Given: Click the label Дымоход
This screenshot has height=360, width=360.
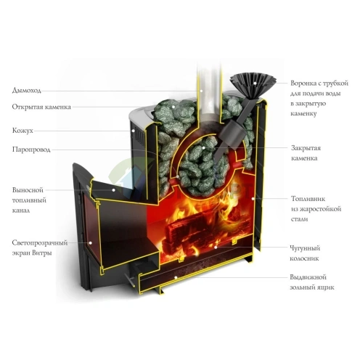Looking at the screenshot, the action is pyautogui.click(x=27, y=91).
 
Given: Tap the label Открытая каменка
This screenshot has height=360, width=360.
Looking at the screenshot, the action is pyautogui.click(x=41, y=107).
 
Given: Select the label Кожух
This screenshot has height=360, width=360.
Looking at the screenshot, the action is pyautogui.click(x=22, y=131).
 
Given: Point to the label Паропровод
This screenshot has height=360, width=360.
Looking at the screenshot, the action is pyautogui.click(x=31, y=150).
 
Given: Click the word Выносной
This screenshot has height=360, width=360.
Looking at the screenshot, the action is pyautogui.click(x=28, y=190).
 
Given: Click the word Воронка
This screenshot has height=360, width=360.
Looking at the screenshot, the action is pyautogui.click(x=303, y=83).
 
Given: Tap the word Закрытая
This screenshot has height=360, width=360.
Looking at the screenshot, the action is pyautogui.click(x=306, y=148).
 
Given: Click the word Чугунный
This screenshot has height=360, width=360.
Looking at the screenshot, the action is pyautogui.click(x=305, y=248).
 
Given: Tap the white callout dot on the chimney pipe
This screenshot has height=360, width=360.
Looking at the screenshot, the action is pyautogui.click(x=201, y=91).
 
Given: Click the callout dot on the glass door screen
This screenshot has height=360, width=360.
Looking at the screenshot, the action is pyautogui.click(x=90, y=242).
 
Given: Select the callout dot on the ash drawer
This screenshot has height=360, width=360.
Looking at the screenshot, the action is pyautogui.click(x=176, y=277).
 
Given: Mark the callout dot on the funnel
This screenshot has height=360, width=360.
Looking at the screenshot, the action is pyautogui.click(x=255, y=83).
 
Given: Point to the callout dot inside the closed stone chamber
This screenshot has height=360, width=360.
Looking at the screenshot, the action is pyautogui.click(x=204, y=147).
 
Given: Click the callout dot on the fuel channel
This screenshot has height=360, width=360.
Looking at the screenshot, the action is pyautogui.click(x=113, y=190).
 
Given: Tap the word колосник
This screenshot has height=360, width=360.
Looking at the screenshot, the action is pyautogui.click(x=304, y=258).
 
